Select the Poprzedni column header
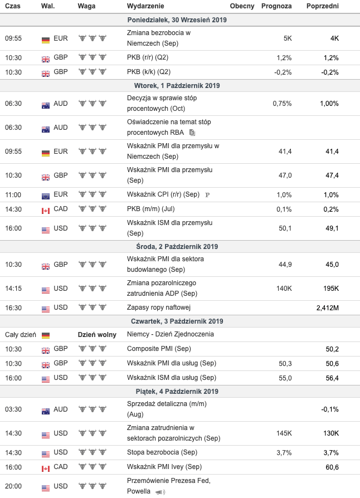[x=322, y=6]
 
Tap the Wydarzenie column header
[x=145, y=6]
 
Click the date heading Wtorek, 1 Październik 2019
[x=177, y=86]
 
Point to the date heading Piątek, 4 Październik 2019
[x=177, y=392]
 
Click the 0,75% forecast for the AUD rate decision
[x=282, y=104]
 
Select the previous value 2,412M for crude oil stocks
[x=327, y=307]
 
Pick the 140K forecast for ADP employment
[x=284, y=289]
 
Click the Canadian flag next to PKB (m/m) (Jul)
[x=46, y=210]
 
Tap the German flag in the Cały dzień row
[x=46, y=335]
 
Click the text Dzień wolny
[x=97, y=335]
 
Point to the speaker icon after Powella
[x=160, y=492]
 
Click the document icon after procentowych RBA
[x=192, y=133]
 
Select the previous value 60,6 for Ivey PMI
[x=332, y=467]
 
